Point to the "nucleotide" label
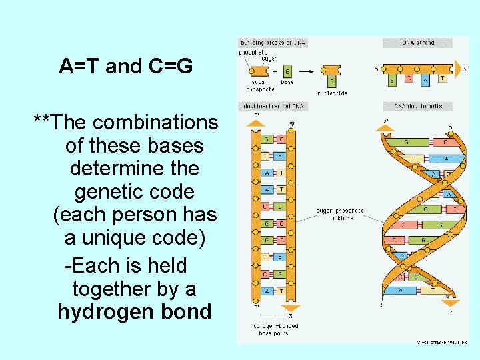[x=333, y=93]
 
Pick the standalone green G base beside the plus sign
[x=287, y=71]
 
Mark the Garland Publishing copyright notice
[x=441, y=341]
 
